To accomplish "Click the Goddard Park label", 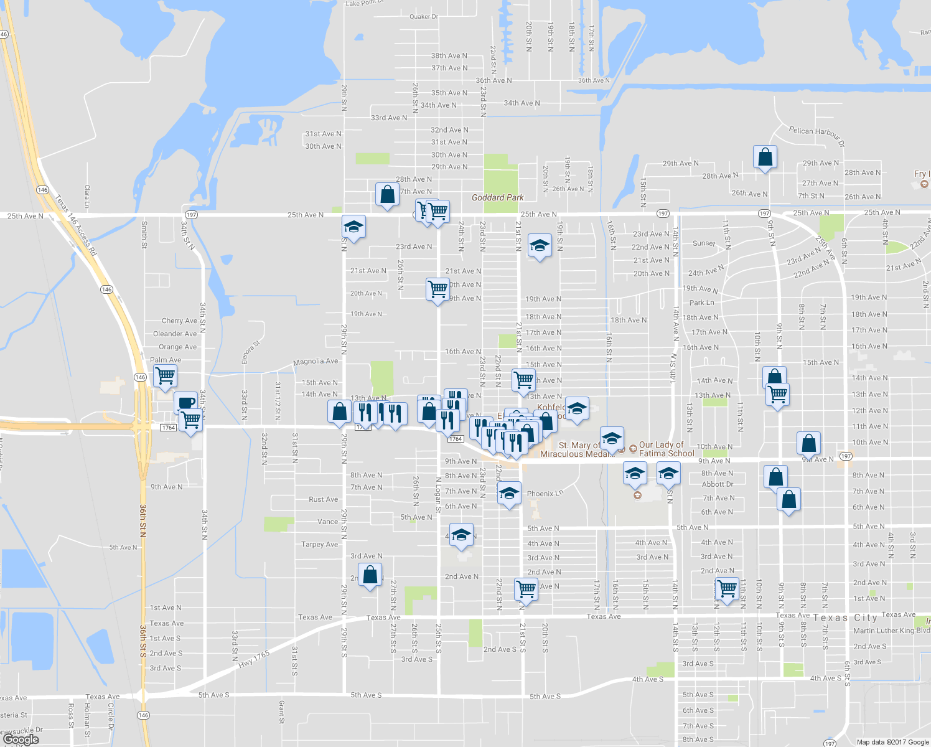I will click(x=497, y=197).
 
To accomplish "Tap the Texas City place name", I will click(x=844, y=618).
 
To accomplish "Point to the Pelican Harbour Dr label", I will click(x=816, y=136).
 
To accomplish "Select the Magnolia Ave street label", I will click(x=316, y=361).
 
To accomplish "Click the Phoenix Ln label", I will click(x=545, y=494).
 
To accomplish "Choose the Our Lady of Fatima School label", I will click(x=666, y=449).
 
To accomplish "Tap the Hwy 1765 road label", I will click(x=254, y=659).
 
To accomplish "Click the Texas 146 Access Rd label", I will click(x=76, y=225).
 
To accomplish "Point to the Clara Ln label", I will click(x=87, y=196).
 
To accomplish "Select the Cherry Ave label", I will click(x=179, y=321).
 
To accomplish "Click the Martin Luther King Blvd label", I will click(x=891, y=631).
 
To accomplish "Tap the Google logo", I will click(x=21, y=740).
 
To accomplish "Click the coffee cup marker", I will click(x=185, y=402).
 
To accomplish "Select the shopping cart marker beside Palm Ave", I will click(x=165, y=375).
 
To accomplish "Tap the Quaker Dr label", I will click(x=424, y=17).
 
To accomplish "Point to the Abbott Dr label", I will click(x=718, y=484).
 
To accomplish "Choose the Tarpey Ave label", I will click(x=319, y=544).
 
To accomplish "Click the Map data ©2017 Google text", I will click(x=892, y=742).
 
